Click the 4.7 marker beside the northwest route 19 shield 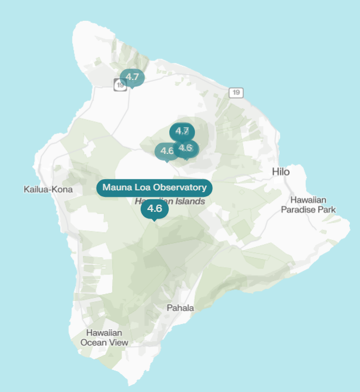(132, 77)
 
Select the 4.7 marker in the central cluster (182, 131)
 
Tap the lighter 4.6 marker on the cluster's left (166, 151)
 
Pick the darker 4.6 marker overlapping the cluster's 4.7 (187, 148)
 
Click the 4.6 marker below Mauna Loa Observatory (154, 208)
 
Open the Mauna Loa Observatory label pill (154, 187)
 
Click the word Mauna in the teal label (115, 187)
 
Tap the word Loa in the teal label (141, 187)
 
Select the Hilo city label (281, 172)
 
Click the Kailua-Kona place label (48, 190)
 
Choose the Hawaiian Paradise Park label (308, 205)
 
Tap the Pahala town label (180, 308)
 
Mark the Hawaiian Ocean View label (104, 338)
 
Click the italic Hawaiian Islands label (170, 201)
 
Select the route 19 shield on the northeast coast (237, 92)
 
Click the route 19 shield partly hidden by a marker (120, 85)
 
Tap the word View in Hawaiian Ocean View (117, 342)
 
